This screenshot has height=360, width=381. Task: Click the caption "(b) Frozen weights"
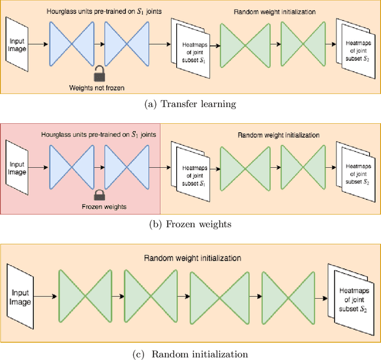pos(190,224)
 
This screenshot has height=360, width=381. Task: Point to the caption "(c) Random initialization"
pos(190,354)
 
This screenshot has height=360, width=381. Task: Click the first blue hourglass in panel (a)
pos(71,43)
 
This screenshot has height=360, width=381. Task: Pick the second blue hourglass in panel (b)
pos(126,165)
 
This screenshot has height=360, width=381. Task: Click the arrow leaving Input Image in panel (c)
pos(46,295)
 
